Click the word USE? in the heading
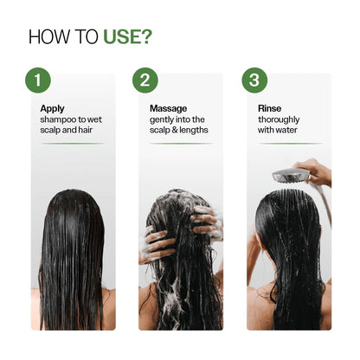(128, 37)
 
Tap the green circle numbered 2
(145, 80)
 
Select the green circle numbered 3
(254, 80)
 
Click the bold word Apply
(52, 108)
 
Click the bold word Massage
(169, 108)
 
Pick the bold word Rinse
(270, 108)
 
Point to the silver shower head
(290, 177)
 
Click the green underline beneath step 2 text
(180, 144)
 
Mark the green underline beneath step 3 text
(289, 144)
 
